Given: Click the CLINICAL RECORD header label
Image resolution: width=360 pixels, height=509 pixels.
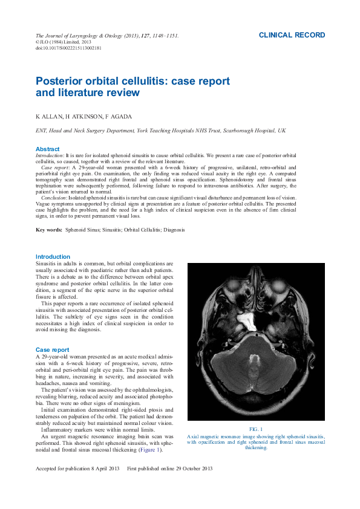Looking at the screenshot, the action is tap(292, 36).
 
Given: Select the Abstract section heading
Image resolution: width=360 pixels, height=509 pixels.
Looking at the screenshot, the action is tap(48, 149).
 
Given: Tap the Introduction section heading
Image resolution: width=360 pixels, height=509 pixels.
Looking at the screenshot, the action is tap(53, 257).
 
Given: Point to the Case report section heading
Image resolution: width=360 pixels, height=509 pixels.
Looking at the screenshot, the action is tap(53, 350).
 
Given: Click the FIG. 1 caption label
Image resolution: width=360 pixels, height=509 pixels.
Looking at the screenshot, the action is tap(256, 429).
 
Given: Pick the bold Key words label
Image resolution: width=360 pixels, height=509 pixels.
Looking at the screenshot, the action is tap(49, 230).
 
